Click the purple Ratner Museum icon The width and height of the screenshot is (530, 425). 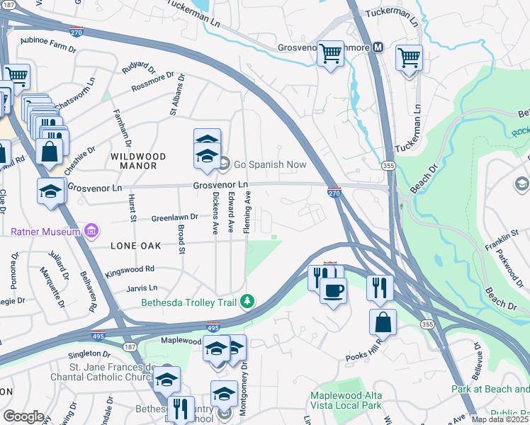click(91, 231)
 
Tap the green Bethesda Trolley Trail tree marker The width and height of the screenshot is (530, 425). click(247, 302)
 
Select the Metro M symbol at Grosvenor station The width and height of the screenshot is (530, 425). click(378, 47)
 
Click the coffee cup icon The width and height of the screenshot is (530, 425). click(333, 289)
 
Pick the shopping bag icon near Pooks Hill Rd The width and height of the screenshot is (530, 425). click(383, 322)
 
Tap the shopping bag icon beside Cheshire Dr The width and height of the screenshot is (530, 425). click(49, 151)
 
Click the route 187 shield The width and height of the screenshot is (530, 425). click(129, 347)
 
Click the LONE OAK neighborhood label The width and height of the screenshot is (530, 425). click(136, 246)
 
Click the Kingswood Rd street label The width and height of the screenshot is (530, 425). click(130, 269)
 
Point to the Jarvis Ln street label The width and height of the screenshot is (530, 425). click(142, 288)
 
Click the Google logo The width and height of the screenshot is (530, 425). click(23, 416)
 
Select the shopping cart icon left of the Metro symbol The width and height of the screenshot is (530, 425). click(331, 53)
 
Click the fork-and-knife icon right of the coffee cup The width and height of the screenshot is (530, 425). click(380, 286)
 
